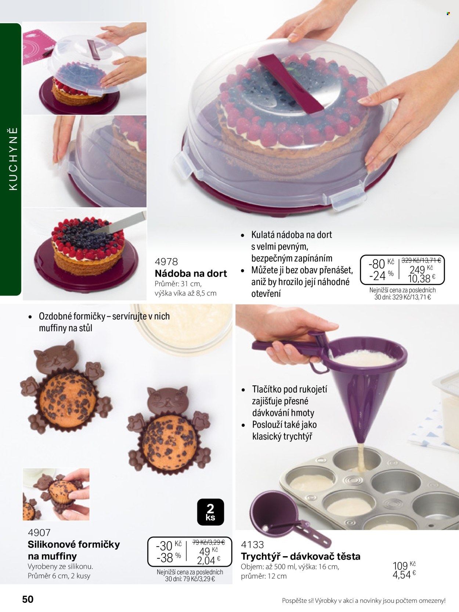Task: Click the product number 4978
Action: pos(166,262)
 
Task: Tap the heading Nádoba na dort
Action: pos(191,273)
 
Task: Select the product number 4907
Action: pos(39,532)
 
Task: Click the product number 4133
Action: pos(252,544)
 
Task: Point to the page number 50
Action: pos(28,599)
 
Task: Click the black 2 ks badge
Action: pos(210,512)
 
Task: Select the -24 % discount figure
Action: pos(381,276)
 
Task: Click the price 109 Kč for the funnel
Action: pos(404,565)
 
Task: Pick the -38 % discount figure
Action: pos(169,558)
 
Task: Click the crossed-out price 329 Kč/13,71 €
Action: pos(421,260)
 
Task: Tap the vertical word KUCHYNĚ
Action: pos(13,159)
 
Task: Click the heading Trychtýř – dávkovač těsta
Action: pos(301,556)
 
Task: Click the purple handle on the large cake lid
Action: pos(291,84)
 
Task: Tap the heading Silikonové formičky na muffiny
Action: pos(74,550)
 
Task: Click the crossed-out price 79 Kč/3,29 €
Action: pos(209,542)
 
